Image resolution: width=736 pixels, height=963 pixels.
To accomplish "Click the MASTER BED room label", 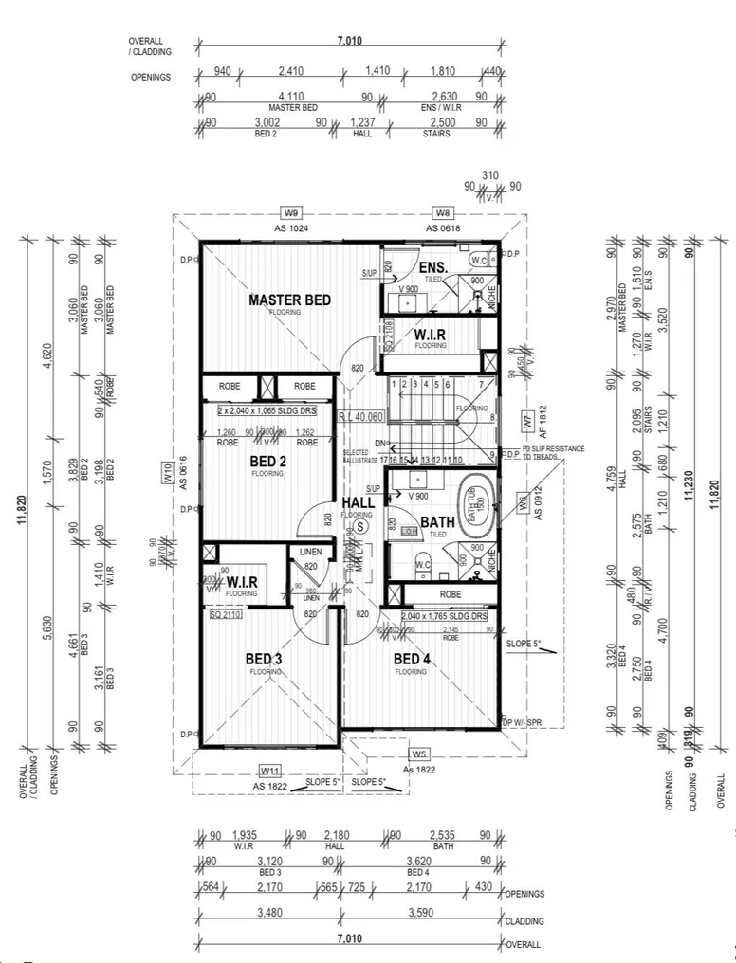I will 289,300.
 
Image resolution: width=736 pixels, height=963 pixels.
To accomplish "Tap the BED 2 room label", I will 268,462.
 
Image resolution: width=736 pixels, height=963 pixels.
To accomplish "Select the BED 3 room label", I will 265,660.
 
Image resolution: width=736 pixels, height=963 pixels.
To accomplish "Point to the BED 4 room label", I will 413,660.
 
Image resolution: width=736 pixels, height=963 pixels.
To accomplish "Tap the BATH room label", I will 437,521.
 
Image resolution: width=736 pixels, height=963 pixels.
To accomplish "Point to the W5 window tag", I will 420,754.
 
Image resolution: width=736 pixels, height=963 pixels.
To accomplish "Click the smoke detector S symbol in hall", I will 360,526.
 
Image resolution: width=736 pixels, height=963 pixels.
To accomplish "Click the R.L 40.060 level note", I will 362,417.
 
